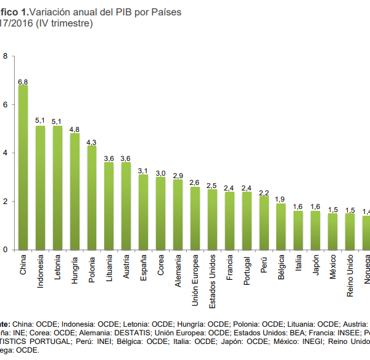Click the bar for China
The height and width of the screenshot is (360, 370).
[23, 167]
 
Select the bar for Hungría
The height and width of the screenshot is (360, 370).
[75, 191]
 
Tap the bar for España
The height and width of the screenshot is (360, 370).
[144, 212]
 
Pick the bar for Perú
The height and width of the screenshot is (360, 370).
[264, 223]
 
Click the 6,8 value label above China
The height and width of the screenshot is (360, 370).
[23, 81]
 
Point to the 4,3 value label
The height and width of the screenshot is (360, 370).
[91, 142]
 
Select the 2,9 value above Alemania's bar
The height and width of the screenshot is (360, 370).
[178, 176]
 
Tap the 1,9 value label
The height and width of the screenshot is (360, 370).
[281, 199]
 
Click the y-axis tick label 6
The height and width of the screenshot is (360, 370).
[6, 105]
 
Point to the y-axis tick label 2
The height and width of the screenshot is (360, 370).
[6, 202]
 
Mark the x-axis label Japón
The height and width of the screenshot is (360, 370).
[316, 267]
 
